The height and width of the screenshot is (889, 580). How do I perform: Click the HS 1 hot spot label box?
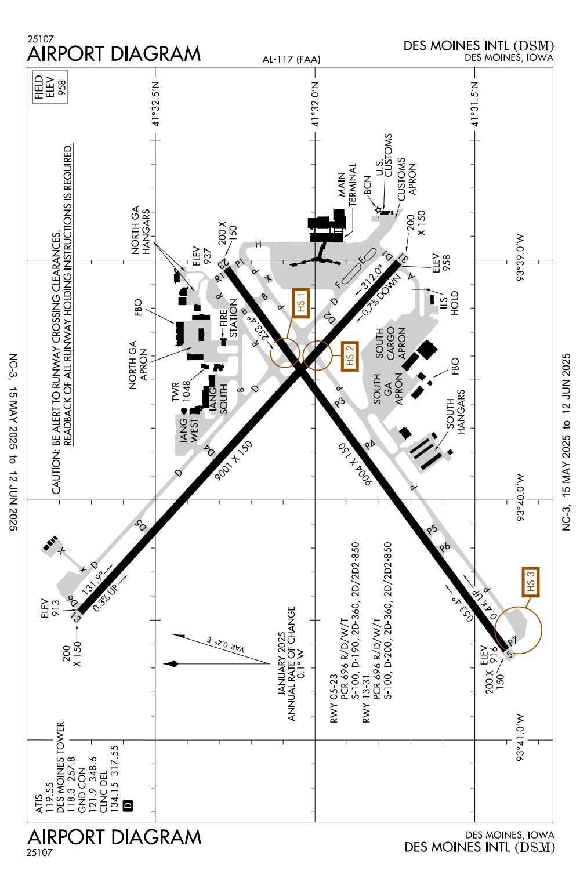point(301,303)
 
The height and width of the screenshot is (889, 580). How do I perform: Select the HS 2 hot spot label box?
point(350,354)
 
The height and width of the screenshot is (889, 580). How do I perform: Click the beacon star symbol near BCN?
point(378,210)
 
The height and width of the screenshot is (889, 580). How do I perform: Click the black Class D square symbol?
point(129,805)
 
